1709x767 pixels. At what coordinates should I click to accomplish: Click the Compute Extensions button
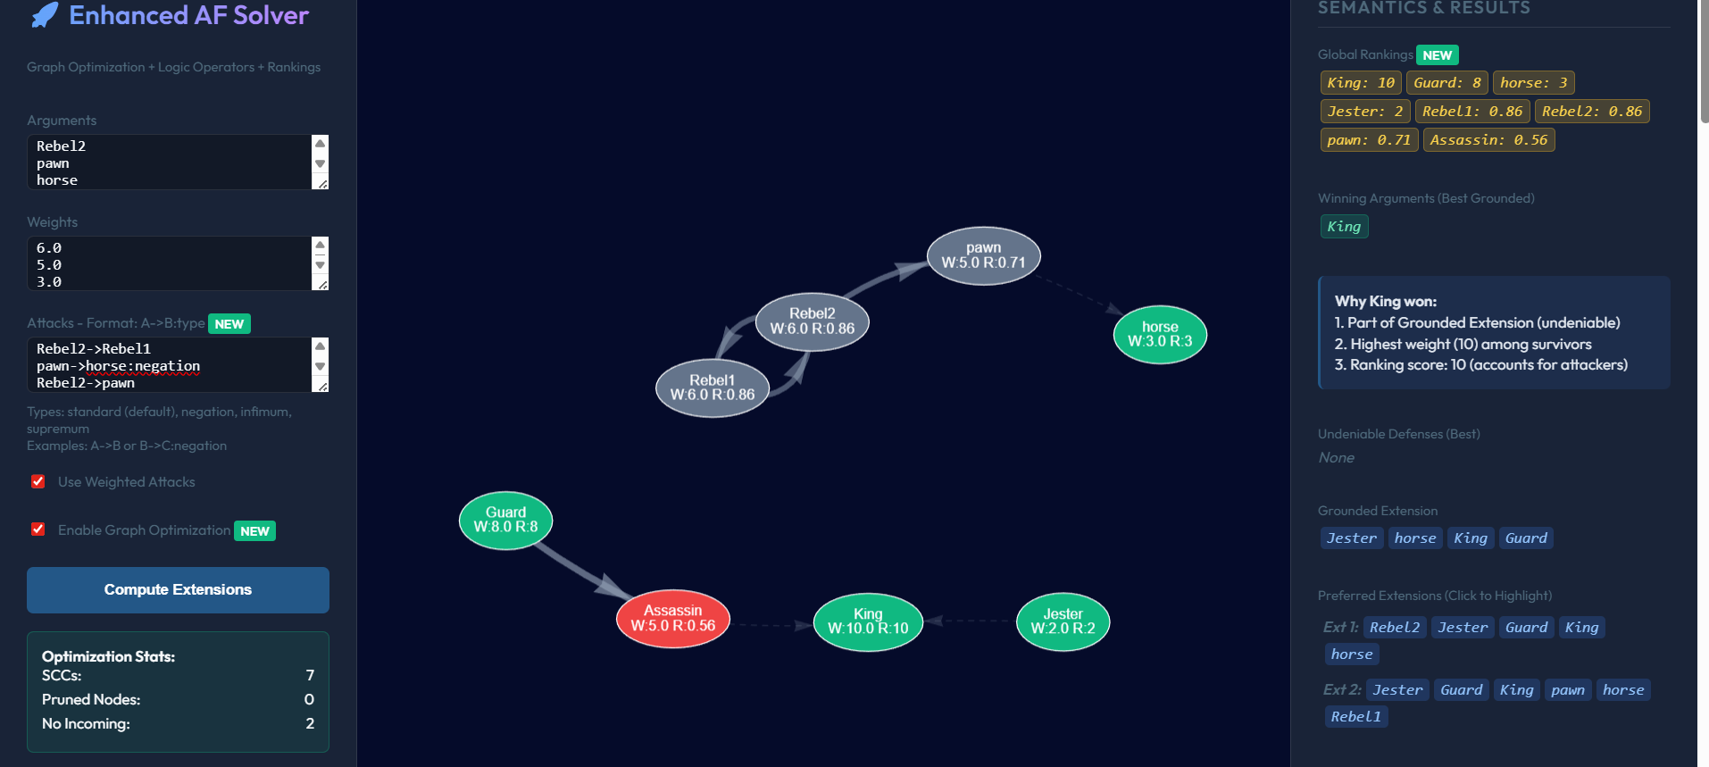point(178,589)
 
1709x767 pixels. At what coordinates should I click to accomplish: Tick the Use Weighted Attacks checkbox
point(38,482)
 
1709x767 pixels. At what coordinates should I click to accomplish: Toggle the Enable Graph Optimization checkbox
point(38,529)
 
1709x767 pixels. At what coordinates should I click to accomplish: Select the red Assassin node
point(672,618)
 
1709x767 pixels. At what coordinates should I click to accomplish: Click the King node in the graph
point(867,621)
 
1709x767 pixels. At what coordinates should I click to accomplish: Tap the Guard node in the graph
point(505,520)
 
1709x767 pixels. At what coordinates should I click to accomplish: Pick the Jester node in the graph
point(1063,621)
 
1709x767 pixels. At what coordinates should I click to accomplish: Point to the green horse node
point(1159,334)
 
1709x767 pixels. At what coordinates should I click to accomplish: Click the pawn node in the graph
point(983,255)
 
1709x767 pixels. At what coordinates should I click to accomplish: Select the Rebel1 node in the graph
point(712,388)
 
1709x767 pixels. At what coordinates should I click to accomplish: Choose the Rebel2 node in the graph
point(812,321)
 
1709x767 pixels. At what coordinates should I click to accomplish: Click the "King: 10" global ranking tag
point(1360,83)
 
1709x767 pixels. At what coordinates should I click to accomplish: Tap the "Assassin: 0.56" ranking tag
point(1488,140)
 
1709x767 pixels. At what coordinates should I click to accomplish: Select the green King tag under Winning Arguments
point(1344,227)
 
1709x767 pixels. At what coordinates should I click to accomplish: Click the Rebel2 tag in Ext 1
point(1394,628)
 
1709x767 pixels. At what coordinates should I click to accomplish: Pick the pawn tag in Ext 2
point(1567,690)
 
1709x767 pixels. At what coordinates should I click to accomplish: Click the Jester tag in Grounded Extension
point(1351,538)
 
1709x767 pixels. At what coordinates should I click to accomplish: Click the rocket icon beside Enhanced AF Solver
point(45,15)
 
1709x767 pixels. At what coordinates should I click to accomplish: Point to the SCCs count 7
point(310,675)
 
